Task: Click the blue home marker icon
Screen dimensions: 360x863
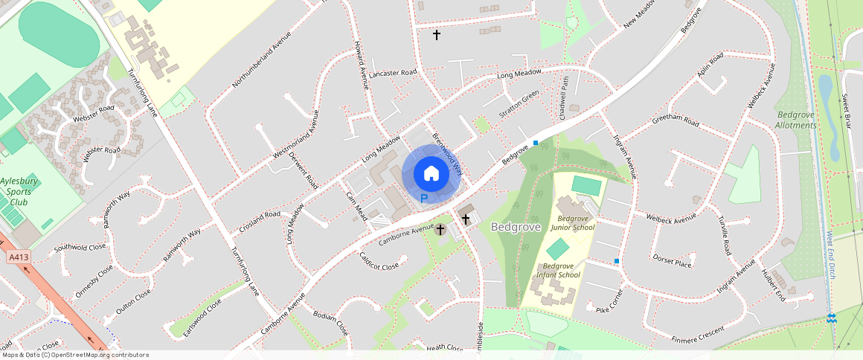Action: tap(431, 174)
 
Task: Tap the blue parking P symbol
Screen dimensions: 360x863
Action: tap(424, 199)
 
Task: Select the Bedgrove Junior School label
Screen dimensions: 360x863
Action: tap(572, 222)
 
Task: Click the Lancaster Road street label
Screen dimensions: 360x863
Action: tap(392, 73)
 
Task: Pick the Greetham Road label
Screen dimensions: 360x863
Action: tap(676, 120)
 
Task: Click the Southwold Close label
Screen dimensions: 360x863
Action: tap(80, 246)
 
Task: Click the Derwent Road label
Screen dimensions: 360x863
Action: tap(312, 173)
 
